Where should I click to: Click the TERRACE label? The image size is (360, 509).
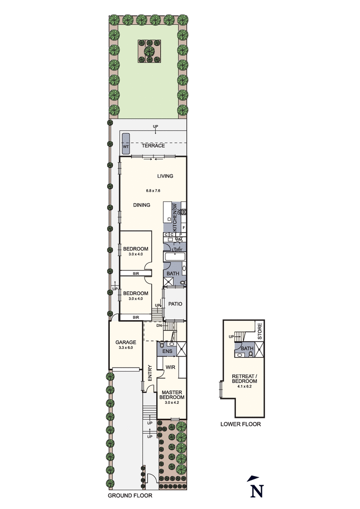[x=153, y=146]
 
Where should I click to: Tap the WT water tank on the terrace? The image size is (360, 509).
[x=126, y=142]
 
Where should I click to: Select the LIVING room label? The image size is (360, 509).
[x=165, y=176]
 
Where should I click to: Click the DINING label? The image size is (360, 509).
[x=141, y=205]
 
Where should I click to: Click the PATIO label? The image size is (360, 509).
[x=175, y=304]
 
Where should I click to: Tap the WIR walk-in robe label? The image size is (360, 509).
[x=170, y=367]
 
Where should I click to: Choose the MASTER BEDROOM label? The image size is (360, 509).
[x=173, y=395]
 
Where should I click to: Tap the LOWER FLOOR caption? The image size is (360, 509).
[x=240, y=424]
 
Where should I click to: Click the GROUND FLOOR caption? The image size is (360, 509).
[x=130, y=496]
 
